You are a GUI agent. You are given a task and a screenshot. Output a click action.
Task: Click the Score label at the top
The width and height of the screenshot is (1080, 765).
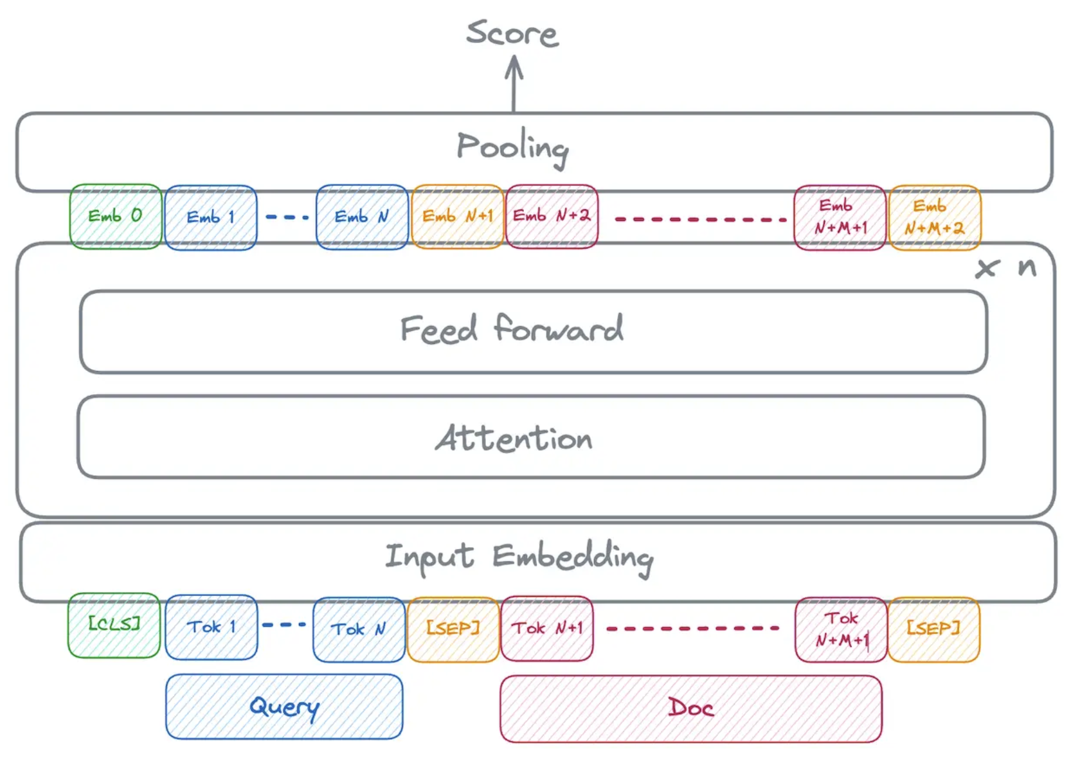(x=512, y=33)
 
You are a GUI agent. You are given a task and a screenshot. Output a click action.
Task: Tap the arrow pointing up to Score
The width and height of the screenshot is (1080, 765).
(x=514, y=84)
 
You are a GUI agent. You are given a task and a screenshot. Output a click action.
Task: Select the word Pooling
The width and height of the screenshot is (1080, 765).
(x=512, y=147)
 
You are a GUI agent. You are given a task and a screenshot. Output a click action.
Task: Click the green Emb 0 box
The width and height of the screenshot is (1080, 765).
(x=116, y=217)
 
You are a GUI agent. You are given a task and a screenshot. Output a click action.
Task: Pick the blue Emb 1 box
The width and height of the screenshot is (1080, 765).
(x=211, y=217)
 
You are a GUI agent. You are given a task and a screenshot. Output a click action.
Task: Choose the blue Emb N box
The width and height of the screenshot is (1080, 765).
(x=362, y=217)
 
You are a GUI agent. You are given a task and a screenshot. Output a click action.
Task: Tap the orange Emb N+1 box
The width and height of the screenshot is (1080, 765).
(x=457, y=217)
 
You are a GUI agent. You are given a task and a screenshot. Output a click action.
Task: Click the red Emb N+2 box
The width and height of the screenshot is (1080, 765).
(x=552, y=216)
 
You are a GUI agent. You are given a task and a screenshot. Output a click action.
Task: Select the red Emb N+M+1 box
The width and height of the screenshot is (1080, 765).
(x=840, y=217)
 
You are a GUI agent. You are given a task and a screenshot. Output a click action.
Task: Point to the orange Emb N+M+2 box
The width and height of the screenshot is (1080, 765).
(x=934, y=217)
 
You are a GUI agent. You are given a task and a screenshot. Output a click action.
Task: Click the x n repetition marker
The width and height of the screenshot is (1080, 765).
(x=1006, y=267)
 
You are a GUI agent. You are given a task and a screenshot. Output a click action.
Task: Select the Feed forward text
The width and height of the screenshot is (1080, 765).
(x=512, y=330)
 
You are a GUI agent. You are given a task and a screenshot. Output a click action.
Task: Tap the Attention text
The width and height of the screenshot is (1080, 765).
(x=514, y=438)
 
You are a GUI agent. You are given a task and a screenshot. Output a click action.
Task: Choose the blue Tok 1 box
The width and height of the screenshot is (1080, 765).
(x=211, y=627)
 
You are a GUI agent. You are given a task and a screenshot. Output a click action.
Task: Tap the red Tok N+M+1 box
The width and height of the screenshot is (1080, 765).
(x=841, y=629)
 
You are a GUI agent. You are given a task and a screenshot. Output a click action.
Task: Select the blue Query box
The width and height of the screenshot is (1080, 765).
(x=284, y=706)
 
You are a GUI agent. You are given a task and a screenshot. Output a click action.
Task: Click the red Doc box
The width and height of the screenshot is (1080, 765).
(x=690, y=708)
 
